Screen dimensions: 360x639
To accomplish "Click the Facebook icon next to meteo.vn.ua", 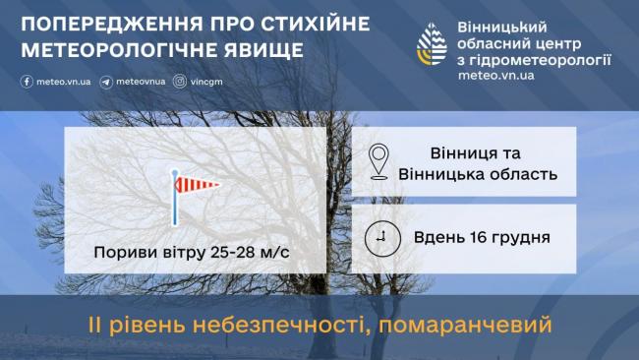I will [x=27, y=82].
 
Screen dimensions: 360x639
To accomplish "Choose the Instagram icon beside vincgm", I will [x=179, y=82].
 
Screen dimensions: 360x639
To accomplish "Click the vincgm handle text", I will [x=207, y=82].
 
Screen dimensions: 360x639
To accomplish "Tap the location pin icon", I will [x=379, y=163].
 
